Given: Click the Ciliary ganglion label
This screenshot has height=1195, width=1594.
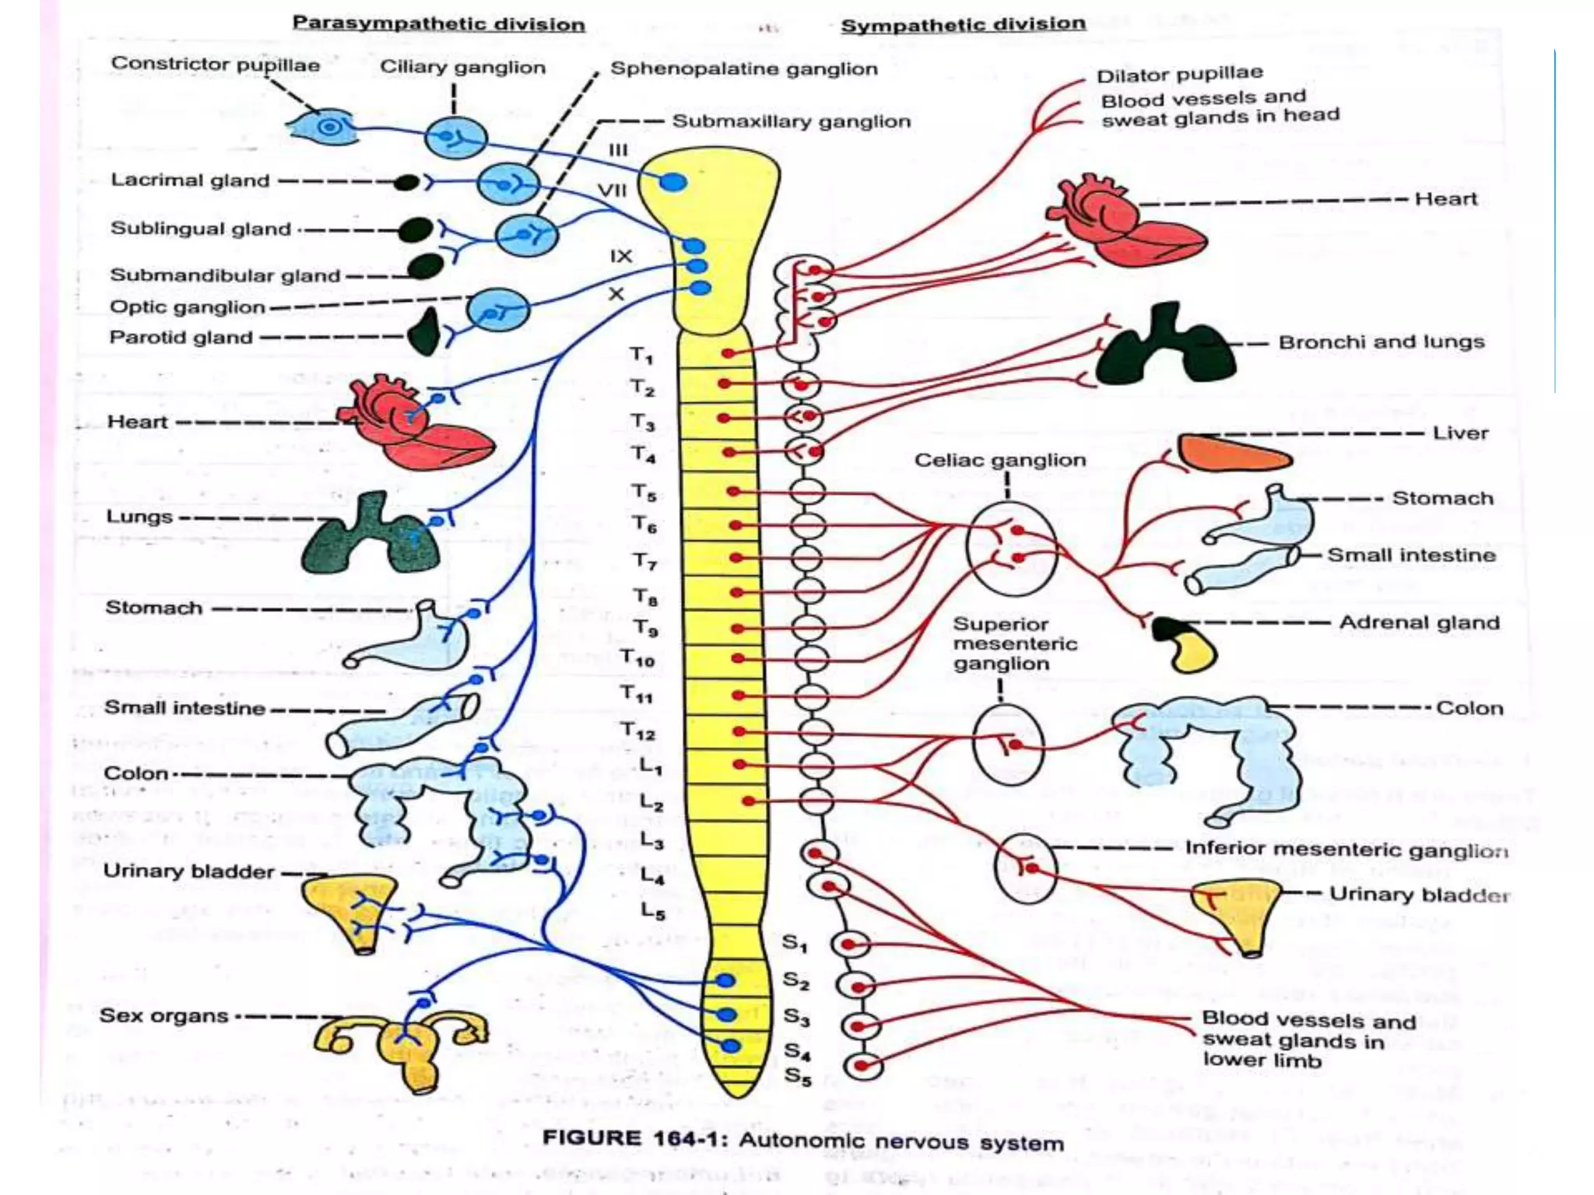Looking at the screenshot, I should [462, 67].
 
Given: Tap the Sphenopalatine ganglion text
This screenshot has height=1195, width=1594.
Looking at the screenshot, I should [743, 68].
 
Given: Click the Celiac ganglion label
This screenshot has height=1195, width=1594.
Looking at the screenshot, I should [999, 460].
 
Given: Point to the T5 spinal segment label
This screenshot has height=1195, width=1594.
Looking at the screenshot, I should [644, 492].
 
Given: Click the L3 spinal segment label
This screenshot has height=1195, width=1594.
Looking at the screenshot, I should [651, 841].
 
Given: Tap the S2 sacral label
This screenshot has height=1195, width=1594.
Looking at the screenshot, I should [795, 980].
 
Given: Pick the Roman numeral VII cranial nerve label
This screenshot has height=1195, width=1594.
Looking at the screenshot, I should [612, 191].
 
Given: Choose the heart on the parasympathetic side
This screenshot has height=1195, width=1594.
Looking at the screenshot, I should [413, 424].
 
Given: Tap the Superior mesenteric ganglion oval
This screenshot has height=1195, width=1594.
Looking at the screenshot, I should [1007, 745].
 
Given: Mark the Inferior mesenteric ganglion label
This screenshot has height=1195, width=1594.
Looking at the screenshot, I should [1346, 849].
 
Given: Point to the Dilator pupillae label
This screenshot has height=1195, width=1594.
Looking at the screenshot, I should [1179, 75].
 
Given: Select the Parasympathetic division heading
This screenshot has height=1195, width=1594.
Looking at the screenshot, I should [438, 23].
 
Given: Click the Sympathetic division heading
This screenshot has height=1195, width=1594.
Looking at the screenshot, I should [963, 24].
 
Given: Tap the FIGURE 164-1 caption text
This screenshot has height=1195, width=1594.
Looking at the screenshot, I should [802, 1141].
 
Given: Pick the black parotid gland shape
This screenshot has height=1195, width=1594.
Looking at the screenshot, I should [425, 332].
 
